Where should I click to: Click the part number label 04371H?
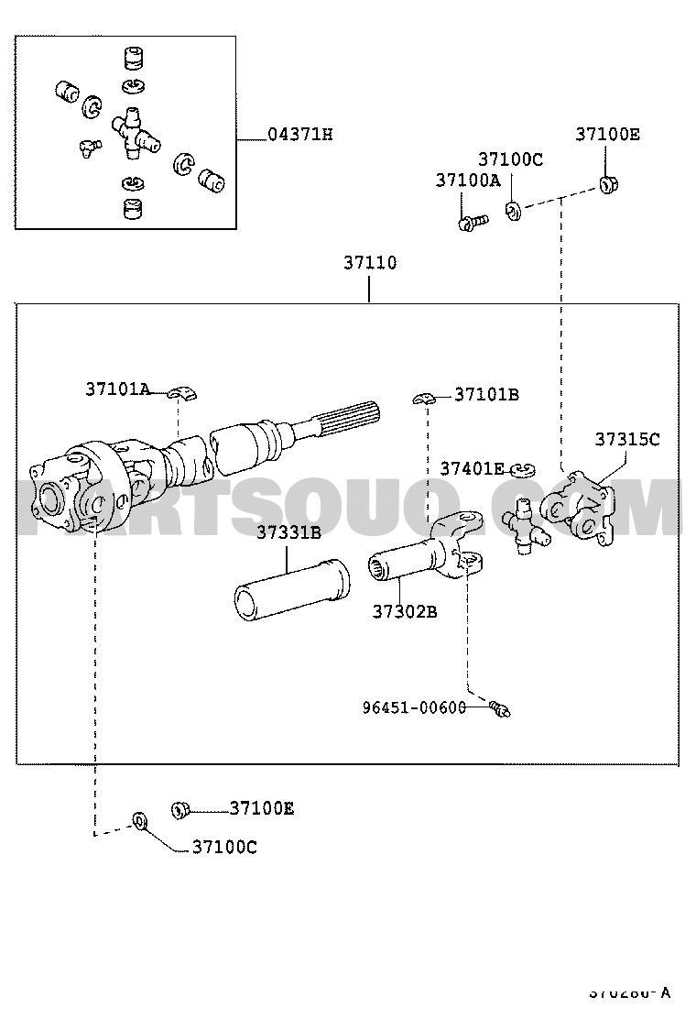point(299,135)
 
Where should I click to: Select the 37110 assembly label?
point(370,263)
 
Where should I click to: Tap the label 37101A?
point(117,389)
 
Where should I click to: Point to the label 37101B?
point(486,395)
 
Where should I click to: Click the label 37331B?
point(288,532)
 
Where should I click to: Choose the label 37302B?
point(404,611)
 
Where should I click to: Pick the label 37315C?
point(626,439)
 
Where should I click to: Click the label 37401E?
point(472,468)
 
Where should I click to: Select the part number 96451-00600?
point(414,707)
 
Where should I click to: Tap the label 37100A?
point(467,181)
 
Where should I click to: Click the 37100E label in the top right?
point(607,135)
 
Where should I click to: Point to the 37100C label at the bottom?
point(224,848)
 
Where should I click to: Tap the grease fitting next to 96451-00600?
point(501,707)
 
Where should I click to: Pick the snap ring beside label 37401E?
point(524,470)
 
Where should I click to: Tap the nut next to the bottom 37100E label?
point(179,809)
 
